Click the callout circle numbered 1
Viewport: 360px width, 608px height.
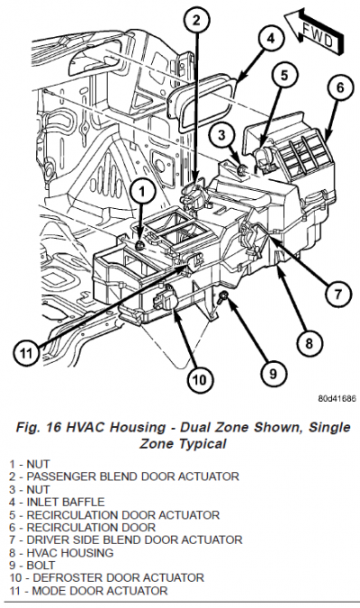tap(142, 191)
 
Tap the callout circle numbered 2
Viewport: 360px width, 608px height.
tap(196, 20)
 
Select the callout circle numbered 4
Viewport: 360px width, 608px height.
tap(270, 38)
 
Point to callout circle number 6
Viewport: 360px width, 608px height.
tap(340, 87)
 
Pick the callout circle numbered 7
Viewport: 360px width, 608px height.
tap(337, 295)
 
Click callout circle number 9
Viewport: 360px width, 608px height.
tap(274, 374)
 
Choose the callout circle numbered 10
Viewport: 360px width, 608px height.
tap(200, 379)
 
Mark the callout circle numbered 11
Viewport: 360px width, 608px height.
tap(26, 353)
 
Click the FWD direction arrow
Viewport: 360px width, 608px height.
tap(314, 32)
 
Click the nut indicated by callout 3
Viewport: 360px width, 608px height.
tap(242, 169)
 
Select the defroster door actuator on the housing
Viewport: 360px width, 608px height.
tap(166, 298)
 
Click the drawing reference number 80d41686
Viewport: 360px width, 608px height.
tap(337, 399)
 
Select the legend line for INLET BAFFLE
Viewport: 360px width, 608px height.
tap(57, 502)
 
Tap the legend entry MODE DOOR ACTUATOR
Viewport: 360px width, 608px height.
tap(89, 591)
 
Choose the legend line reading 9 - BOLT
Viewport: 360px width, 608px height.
tap(32, 566)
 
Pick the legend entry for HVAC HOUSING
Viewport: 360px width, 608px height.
tap(61, 552)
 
